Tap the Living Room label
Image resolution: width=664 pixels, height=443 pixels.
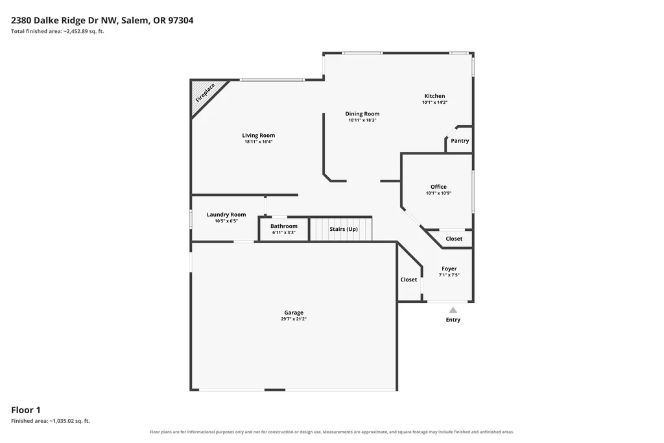click(x=258, y=136)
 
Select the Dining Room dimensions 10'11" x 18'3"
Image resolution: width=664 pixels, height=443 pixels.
click(x=362, y=120)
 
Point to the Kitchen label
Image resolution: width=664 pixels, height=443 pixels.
click(x=434, y=96)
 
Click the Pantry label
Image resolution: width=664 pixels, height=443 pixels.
click(x=460, y=141)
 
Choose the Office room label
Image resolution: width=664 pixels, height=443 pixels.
click(x=439, y=187)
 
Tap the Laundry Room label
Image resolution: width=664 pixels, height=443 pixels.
click(x=226, y=215)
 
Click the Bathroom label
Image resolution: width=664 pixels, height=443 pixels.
click(x=284, y=226)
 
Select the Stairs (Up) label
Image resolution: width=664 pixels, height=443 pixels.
click(x=344, y=229)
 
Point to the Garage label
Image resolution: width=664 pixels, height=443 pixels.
click(x=294, y=313)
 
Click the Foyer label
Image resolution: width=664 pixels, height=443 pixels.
click(x=449, y=269)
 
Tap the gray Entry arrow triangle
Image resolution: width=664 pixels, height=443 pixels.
click(x=453, y=310)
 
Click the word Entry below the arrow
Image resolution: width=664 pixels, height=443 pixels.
click(x=453, y=320)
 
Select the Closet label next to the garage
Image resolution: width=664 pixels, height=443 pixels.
click(x=409, y=280)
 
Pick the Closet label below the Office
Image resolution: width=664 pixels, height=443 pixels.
click(x=454, y=239)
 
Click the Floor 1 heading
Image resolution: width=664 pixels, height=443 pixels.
click(x=26, y=410)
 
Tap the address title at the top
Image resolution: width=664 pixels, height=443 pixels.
click(x=102, y=20)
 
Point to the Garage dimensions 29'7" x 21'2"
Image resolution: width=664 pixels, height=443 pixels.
click(x=294, y=319)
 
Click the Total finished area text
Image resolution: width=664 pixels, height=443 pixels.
click(x=58, y=31)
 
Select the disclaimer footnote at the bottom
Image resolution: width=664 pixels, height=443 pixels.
click(x=332, y=432)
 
